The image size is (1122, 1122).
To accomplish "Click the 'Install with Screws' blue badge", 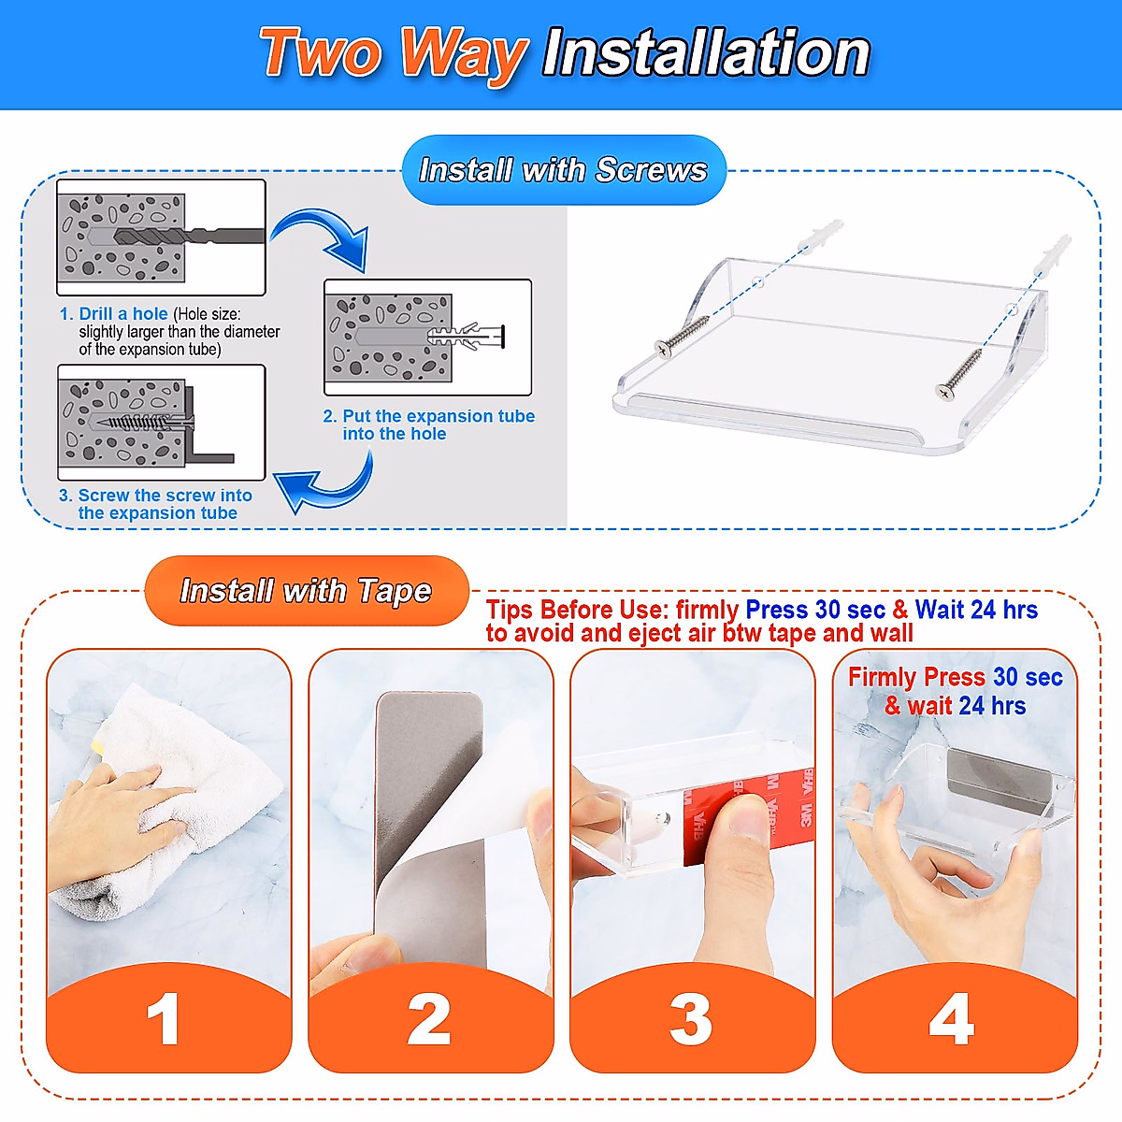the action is click(564, 170).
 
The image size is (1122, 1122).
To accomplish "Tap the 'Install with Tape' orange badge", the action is click(307, 591).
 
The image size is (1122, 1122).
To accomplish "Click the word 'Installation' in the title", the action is click(706, 53).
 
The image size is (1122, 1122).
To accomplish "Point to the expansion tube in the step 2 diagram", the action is click(466, 336).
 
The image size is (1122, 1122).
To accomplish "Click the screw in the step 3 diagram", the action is click(144, 421).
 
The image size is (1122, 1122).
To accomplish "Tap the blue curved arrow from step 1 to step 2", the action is click(324, 236).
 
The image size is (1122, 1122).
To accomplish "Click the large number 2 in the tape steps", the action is click(429, 1019).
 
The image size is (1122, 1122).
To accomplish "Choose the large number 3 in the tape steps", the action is click(691, 1019).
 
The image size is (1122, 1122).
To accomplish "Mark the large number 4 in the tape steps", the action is click(952, 1019).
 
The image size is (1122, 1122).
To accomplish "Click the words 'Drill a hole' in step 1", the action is click(123, 314).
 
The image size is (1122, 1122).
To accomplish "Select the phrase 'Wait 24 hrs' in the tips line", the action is click(976, 610).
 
